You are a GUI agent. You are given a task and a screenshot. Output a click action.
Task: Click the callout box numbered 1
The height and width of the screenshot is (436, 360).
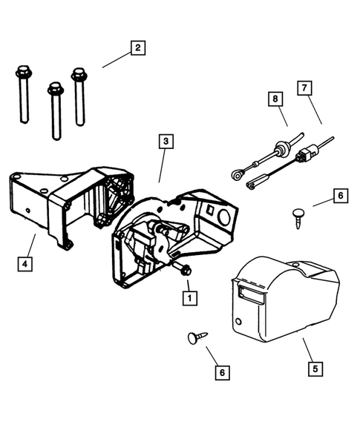tap(189, 298)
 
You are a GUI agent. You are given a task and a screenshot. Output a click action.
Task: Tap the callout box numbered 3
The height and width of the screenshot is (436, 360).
tap(167, 141)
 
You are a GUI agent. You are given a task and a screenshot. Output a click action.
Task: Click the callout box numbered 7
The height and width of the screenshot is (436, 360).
tap(304, 87)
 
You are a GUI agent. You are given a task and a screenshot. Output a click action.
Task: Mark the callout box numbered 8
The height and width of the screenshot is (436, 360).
tap(275, 98)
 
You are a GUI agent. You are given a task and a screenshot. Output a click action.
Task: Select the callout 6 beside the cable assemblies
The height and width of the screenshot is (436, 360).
tap(340, 196)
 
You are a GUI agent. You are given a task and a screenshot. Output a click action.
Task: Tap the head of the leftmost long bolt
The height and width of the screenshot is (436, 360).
tap(21, 74)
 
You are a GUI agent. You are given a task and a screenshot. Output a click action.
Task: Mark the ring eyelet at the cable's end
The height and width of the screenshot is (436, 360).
tap(235, 176)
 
